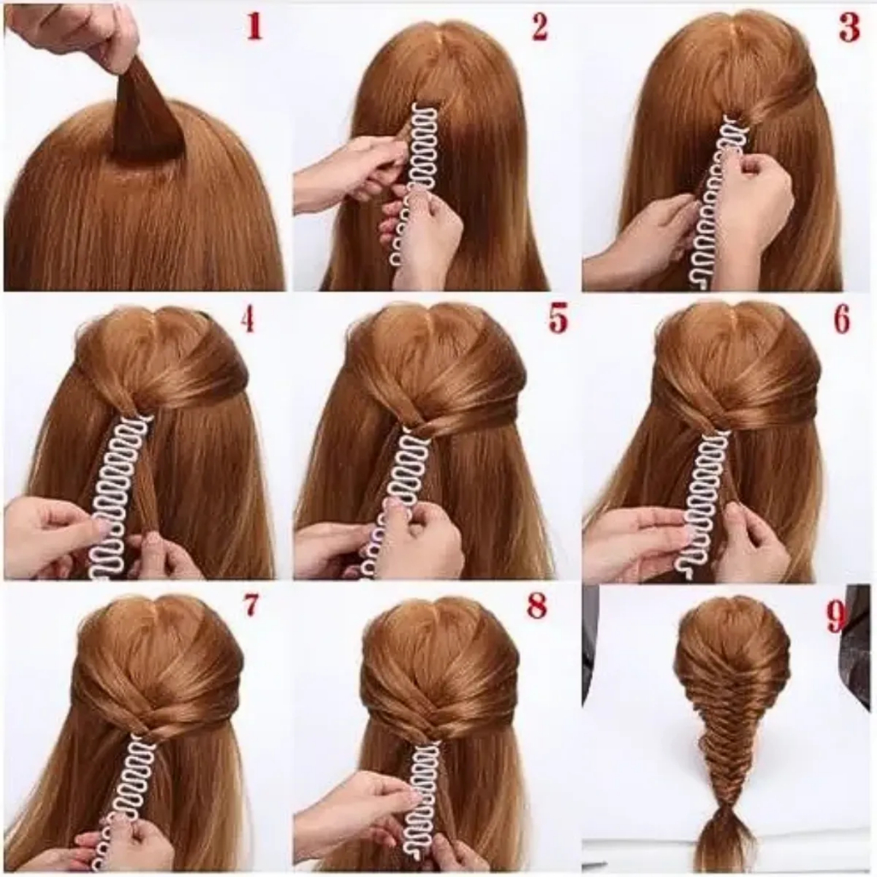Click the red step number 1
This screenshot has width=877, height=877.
coord(254,27)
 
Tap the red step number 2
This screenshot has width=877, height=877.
coord(540,27)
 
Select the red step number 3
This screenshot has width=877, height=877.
coord(849,28)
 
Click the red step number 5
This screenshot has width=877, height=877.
coord(558,319)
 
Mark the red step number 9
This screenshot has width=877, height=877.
coord(836,617)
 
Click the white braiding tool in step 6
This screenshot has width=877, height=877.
coord(707,504)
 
